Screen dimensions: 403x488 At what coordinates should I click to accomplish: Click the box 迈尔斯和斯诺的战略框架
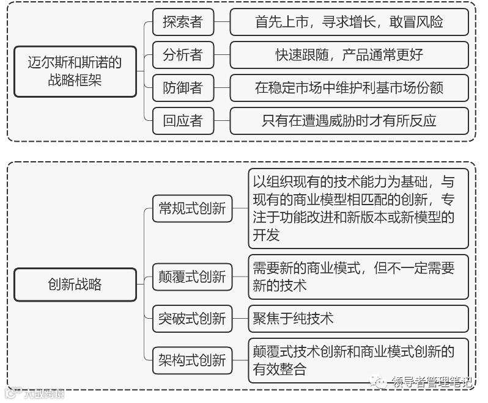[x=75, y=71]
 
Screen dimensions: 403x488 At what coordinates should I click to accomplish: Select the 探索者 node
[x=182, y=23]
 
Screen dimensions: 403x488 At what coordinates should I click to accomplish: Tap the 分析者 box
[x=182, y=55]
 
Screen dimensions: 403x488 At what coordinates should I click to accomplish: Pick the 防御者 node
[x=182, y=88]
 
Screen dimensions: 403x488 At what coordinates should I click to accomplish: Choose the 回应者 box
[x=182, y=120]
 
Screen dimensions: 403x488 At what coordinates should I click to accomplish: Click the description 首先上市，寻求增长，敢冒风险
[x=349, y=23]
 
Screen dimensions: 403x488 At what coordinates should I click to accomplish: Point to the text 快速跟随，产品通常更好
[x=349, y=55]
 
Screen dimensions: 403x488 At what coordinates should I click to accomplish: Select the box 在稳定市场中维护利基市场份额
[x=349, y=88]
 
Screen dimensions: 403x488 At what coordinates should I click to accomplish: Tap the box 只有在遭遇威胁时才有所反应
[x=349, y=120]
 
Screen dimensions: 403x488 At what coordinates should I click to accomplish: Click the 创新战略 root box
[x=75, y=284]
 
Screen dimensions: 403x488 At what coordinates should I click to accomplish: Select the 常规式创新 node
[x=192, y=209]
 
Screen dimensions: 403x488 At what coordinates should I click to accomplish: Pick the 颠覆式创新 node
[x=192, y=277]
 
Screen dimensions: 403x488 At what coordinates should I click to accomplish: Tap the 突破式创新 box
[x=192, y=318]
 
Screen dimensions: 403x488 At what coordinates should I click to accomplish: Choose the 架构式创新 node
[x=192, y=360]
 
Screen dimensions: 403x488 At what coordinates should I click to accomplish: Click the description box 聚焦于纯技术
[x=358, y=318]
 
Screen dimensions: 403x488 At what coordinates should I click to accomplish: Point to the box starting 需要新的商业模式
[x=358, y=277]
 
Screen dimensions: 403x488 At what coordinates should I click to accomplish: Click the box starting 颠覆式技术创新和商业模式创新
[x=358, y=360]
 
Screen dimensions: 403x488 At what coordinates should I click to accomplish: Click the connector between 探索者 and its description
[x=221, y=23]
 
